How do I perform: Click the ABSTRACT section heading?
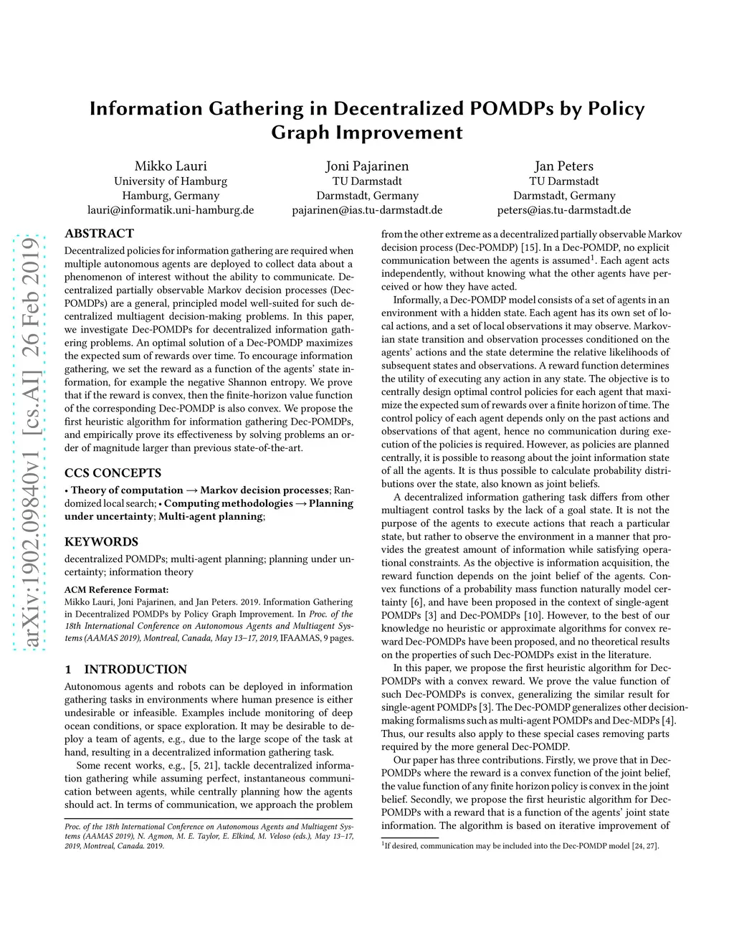[99, 234]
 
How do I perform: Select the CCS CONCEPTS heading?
[113, 473]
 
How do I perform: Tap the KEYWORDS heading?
[101, 542]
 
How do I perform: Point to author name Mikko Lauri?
[171, 166]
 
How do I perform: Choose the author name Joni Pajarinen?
[367, 166]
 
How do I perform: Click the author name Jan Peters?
[563, 166]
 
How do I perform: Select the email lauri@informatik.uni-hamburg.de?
[171, 210]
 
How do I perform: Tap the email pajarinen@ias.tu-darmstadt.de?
[367, 210]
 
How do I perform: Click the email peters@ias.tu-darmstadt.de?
[563, 210]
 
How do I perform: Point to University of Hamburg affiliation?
[171, 181]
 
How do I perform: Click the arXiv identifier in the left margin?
[30, 445]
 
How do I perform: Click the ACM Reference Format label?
[116, 590]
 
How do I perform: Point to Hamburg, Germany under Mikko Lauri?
[171, 196]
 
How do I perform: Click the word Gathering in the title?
[256, 109]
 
